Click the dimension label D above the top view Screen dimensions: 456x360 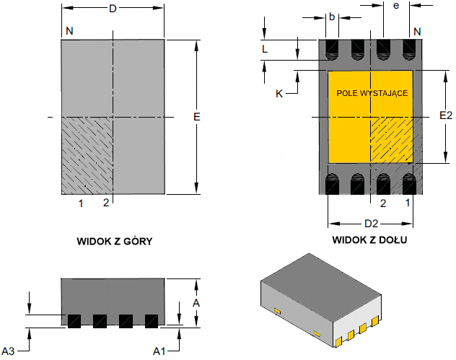click(113, 9)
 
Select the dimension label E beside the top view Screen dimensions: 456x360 click(197, 117)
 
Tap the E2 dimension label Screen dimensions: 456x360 click(446, 115)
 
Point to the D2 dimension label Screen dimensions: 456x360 click(372, 224)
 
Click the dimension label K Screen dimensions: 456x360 click(279, 94)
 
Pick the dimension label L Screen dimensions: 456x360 click(265, 49)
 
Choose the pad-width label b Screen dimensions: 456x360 click(332, 17)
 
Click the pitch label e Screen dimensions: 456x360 click(396, 6)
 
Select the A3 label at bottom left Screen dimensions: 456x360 click(8, 351)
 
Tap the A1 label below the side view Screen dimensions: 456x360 click(159, 351)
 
